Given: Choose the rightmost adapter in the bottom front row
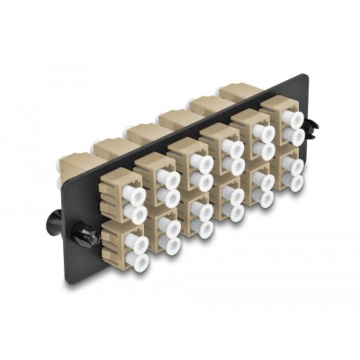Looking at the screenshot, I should tap(287, 170).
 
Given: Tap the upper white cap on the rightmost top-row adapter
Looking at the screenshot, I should tap(291, 118).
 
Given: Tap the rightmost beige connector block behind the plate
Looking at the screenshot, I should tap(237, 93).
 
